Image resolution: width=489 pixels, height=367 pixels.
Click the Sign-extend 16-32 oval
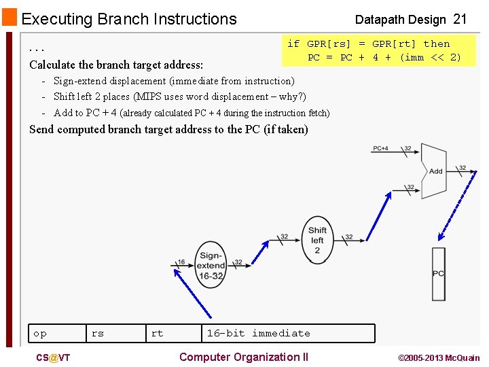tap(211, 261)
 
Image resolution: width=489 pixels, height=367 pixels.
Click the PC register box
tap(439, 273)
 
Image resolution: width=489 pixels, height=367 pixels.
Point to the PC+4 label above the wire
tap(381, 147)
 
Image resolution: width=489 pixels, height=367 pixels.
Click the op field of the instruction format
tap(40, 333)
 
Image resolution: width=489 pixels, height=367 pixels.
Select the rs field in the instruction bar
tap(98, 333)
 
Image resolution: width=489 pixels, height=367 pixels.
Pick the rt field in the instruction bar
tap(157, 333)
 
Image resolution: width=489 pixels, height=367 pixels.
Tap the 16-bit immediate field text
tap(258, 333)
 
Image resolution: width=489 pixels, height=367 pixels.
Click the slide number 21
tap(460, 19)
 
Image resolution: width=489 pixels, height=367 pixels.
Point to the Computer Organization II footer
tap(243, 357)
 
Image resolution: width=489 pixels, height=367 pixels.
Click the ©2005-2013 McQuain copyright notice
tap(438, 358)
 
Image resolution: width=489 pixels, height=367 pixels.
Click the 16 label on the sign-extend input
tap(181, 262)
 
